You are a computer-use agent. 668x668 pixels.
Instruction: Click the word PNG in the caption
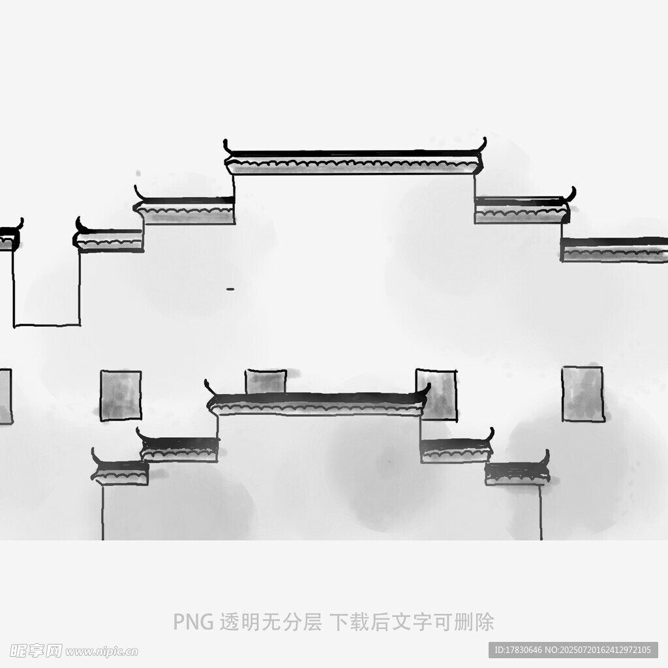pos(193,622)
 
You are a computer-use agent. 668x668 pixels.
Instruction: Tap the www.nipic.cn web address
pos(101,652)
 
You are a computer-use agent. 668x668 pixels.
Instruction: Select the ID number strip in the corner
pos(573,650)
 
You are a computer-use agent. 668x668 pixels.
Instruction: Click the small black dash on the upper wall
pos(230,289)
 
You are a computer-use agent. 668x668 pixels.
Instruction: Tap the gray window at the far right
pos(583,394)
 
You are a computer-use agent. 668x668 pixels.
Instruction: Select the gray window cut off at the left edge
pos(5,396)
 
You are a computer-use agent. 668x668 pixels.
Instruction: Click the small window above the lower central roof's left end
pos(266,381)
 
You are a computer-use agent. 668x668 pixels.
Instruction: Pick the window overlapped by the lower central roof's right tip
pos(436,395)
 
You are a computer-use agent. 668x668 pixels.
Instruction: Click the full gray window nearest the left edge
pos(121,396)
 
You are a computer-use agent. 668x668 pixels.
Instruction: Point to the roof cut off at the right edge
pos(615,249)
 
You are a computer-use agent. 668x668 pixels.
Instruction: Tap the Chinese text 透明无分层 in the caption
pos(271,622)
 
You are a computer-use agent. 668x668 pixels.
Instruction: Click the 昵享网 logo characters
pos(36,651)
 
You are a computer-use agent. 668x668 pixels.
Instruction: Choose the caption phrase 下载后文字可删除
pos(412,622)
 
